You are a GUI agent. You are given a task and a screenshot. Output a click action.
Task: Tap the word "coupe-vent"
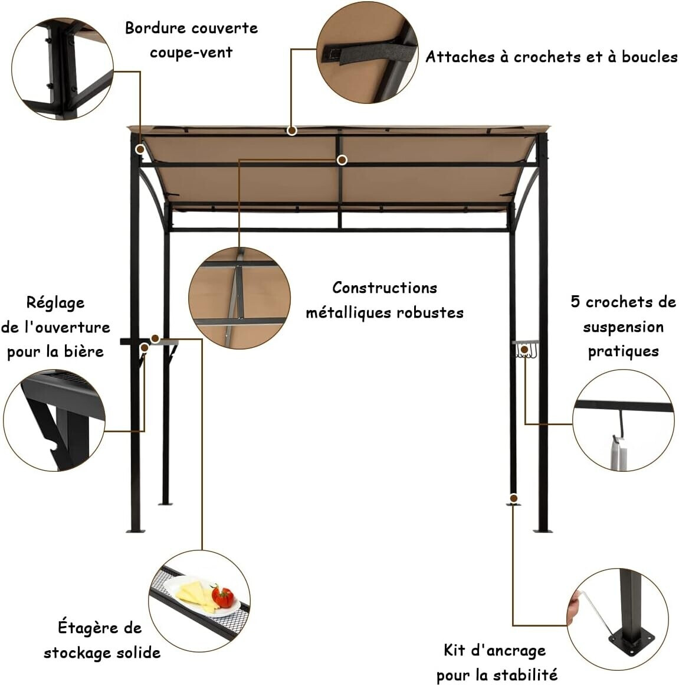(191, 53)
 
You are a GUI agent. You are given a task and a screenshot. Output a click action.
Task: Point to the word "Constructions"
(385, 288)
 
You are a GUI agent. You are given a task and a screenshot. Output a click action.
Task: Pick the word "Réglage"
(55, 303)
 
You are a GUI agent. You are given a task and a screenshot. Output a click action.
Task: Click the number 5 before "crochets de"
(576, 301)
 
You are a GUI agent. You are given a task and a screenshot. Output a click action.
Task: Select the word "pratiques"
(623, 352)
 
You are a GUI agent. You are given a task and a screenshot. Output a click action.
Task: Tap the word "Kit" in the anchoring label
(454, 650)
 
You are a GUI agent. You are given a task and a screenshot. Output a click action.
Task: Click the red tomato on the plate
(223, 597)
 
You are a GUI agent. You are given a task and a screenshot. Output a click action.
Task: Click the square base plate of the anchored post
(632, 641)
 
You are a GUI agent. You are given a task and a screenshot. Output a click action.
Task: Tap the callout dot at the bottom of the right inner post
(514, 498)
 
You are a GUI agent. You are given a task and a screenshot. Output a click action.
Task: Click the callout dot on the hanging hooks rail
(524, 350)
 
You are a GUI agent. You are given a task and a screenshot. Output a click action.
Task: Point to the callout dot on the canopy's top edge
(292, 130)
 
